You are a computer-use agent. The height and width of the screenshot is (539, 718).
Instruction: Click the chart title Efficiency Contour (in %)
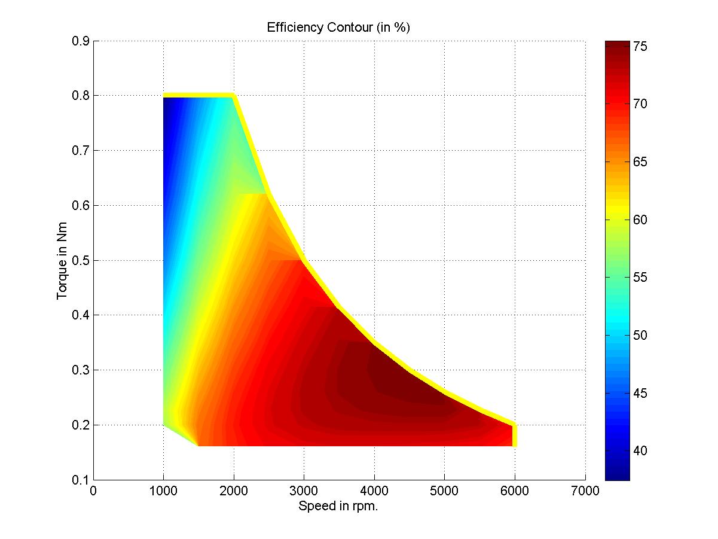click(x=338, y=28)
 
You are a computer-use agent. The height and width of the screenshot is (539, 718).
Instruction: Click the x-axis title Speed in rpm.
click(x=338, y=505)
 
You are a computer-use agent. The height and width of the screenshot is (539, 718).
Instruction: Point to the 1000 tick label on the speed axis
click(x=163, y=491)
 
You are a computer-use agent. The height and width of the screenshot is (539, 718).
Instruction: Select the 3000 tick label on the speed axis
click(x=304, y=491)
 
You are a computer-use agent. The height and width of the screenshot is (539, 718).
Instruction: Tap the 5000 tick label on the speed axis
click(x=444, y=491)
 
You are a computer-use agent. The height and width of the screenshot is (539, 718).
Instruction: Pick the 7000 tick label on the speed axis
click(x=585, y=491)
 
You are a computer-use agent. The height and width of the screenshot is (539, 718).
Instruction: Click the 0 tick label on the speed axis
click(x=93, y=491)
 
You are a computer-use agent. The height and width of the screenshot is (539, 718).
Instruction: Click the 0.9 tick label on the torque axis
click(x=81, y=41)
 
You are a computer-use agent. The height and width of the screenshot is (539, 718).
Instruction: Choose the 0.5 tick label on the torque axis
click(x=81, y=260)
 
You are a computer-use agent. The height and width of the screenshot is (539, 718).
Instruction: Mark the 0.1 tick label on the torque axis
click(x=81, y=480)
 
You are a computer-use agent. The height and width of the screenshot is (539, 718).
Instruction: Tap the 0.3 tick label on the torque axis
click(x=81, y=370)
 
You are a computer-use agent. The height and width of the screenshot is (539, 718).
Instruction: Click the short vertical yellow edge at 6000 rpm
click(x=514, y=435)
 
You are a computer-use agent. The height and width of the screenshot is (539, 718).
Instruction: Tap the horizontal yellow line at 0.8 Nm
click(x=198, y=95)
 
